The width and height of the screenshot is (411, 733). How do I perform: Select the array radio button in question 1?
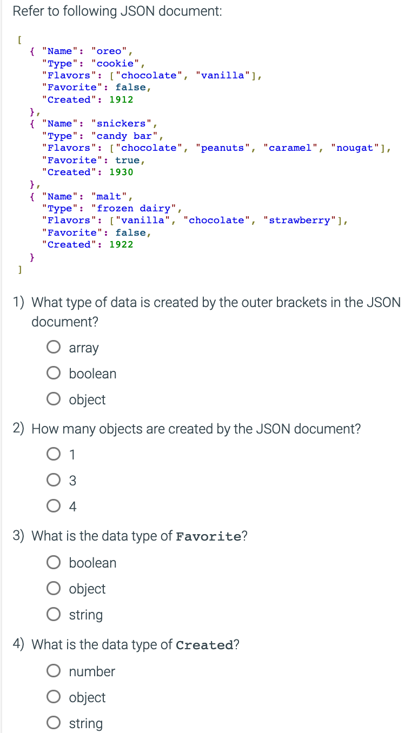click(x=54, y=348)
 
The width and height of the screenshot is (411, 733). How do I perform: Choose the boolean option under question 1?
click(x=54, y=374)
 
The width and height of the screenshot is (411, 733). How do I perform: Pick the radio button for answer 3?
click(x=54, y=480)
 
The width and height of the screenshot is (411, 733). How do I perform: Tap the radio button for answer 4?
click(x=54, y=506)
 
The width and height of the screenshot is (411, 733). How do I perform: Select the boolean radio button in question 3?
click(x=54, y=563)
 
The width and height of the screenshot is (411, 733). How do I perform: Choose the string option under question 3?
click(x=54, y=615)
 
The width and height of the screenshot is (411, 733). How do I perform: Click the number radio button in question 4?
click(x=54, y=671)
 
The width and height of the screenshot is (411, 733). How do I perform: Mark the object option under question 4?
click(x=54, y=697)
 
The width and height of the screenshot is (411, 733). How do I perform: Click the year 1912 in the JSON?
click(x=121, y=99)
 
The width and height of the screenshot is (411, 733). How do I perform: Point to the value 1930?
click(x=121, y=172)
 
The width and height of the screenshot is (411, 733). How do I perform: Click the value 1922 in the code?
click(x=121, y=244)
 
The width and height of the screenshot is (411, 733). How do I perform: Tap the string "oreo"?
click(x=109, y=51)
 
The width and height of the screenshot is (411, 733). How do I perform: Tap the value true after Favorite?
click(x=127, y=161)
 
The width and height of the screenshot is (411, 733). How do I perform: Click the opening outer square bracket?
click(x=19, y=39)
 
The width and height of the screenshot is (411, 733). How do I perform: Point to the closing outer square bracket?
click(x=19, y=269)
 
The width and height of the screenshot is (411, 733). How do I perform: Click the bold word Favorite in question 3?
click(x=209, y=537)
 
